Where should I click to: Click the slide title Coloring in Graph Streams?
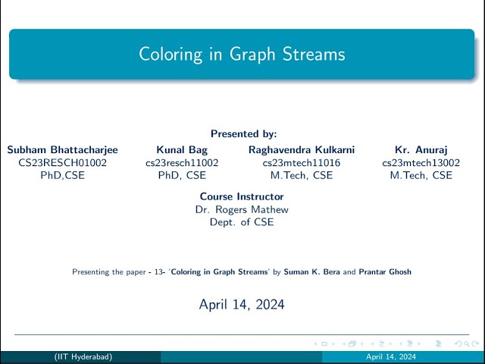(x=242, y=55)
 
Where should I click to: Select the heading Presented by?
(x=243, y=133)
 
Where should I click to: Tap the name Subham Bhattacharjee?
(x=62, y=149)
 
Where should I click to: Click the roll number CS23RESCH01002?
(x=62, y=162)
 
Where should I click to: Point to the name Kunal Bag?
(x=182, y=149)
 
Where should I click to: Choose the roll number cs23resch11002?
(x=182, y=162)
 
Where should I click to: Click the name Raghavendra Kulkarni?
(x=302, y=149)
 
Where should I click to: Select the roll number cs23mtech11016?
(x=302, y=162)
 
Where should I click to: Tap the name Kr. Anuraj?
(x=421, y=149)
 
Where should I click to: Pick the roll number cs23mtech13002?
(x=421, y=162)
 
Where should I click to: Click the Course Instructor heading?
(x=242, y=196)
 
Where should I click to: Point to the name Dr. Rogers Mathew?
(x=242, y=209)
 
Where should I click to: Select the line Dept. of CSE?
(x=242, y=222)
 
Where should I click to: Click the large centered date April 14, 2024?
(x=242, y=305)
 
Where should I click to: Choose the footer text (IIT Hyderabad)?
(x=86, y=356)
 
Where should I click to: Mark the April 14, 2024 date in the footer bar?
(x=390, y=356)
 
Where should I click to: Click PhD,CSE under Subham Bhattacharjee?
(x=62, y=175)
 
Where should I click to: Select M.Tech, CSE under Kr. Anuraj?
(x=421, y=175)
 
